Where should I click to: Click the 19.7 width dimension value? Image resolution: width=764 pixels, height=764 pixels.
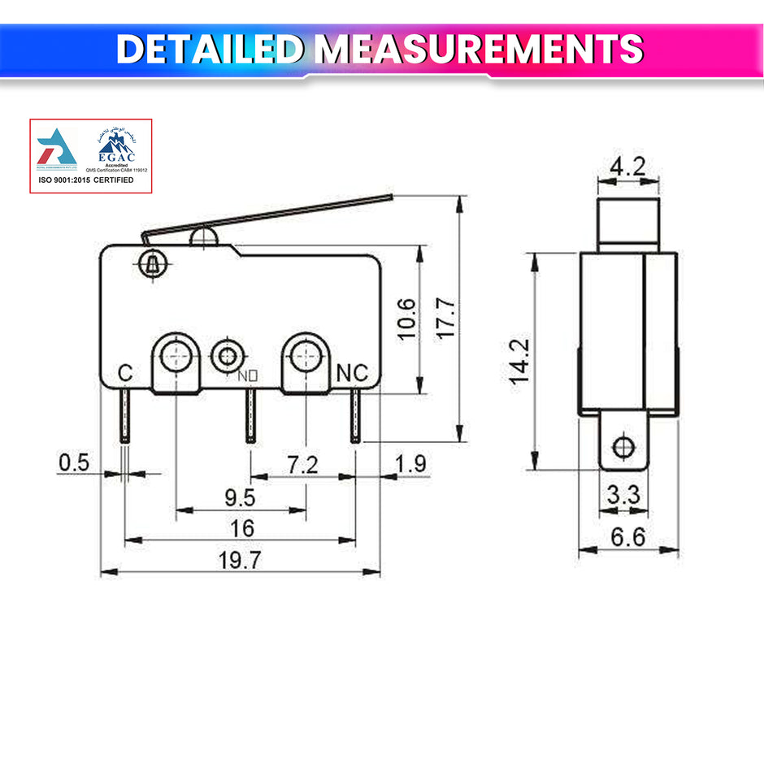coord(241,560)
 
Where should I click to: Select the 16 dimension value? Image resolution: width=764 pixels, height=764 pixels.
coord(241,528)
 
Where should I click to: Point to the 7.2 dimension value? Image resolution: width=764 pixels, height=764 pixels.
coord(302,466)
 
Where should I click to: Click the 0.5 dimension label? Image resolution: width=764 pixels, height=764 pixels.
coord(73,462)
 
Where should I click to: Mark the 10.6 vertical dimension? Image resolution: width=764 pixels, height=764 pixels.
coord(407,319)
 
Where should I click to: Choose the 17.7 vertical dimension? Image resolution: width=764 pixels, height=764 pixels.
coord(446,319)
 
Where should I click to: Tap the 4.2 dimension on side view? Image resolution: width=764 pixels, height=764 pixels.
coord(627,167)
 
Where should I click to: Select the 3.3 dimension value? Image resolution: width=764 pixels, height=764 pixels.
coord(624,494)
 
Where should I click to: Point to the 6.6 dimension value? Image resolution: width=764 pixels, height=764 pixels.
coord(628,537)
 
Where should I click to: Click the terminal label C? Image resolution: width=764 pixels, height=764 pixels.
coord(125,373)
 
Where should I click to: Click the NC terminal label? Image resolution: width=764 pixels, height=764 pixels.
coord(352,373)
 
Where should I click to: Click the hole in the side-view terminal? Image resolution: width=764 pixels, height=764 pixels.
coord(624,446)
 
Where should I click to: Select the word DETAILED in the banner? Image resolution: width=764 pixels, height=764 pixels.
coord(211,50)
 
